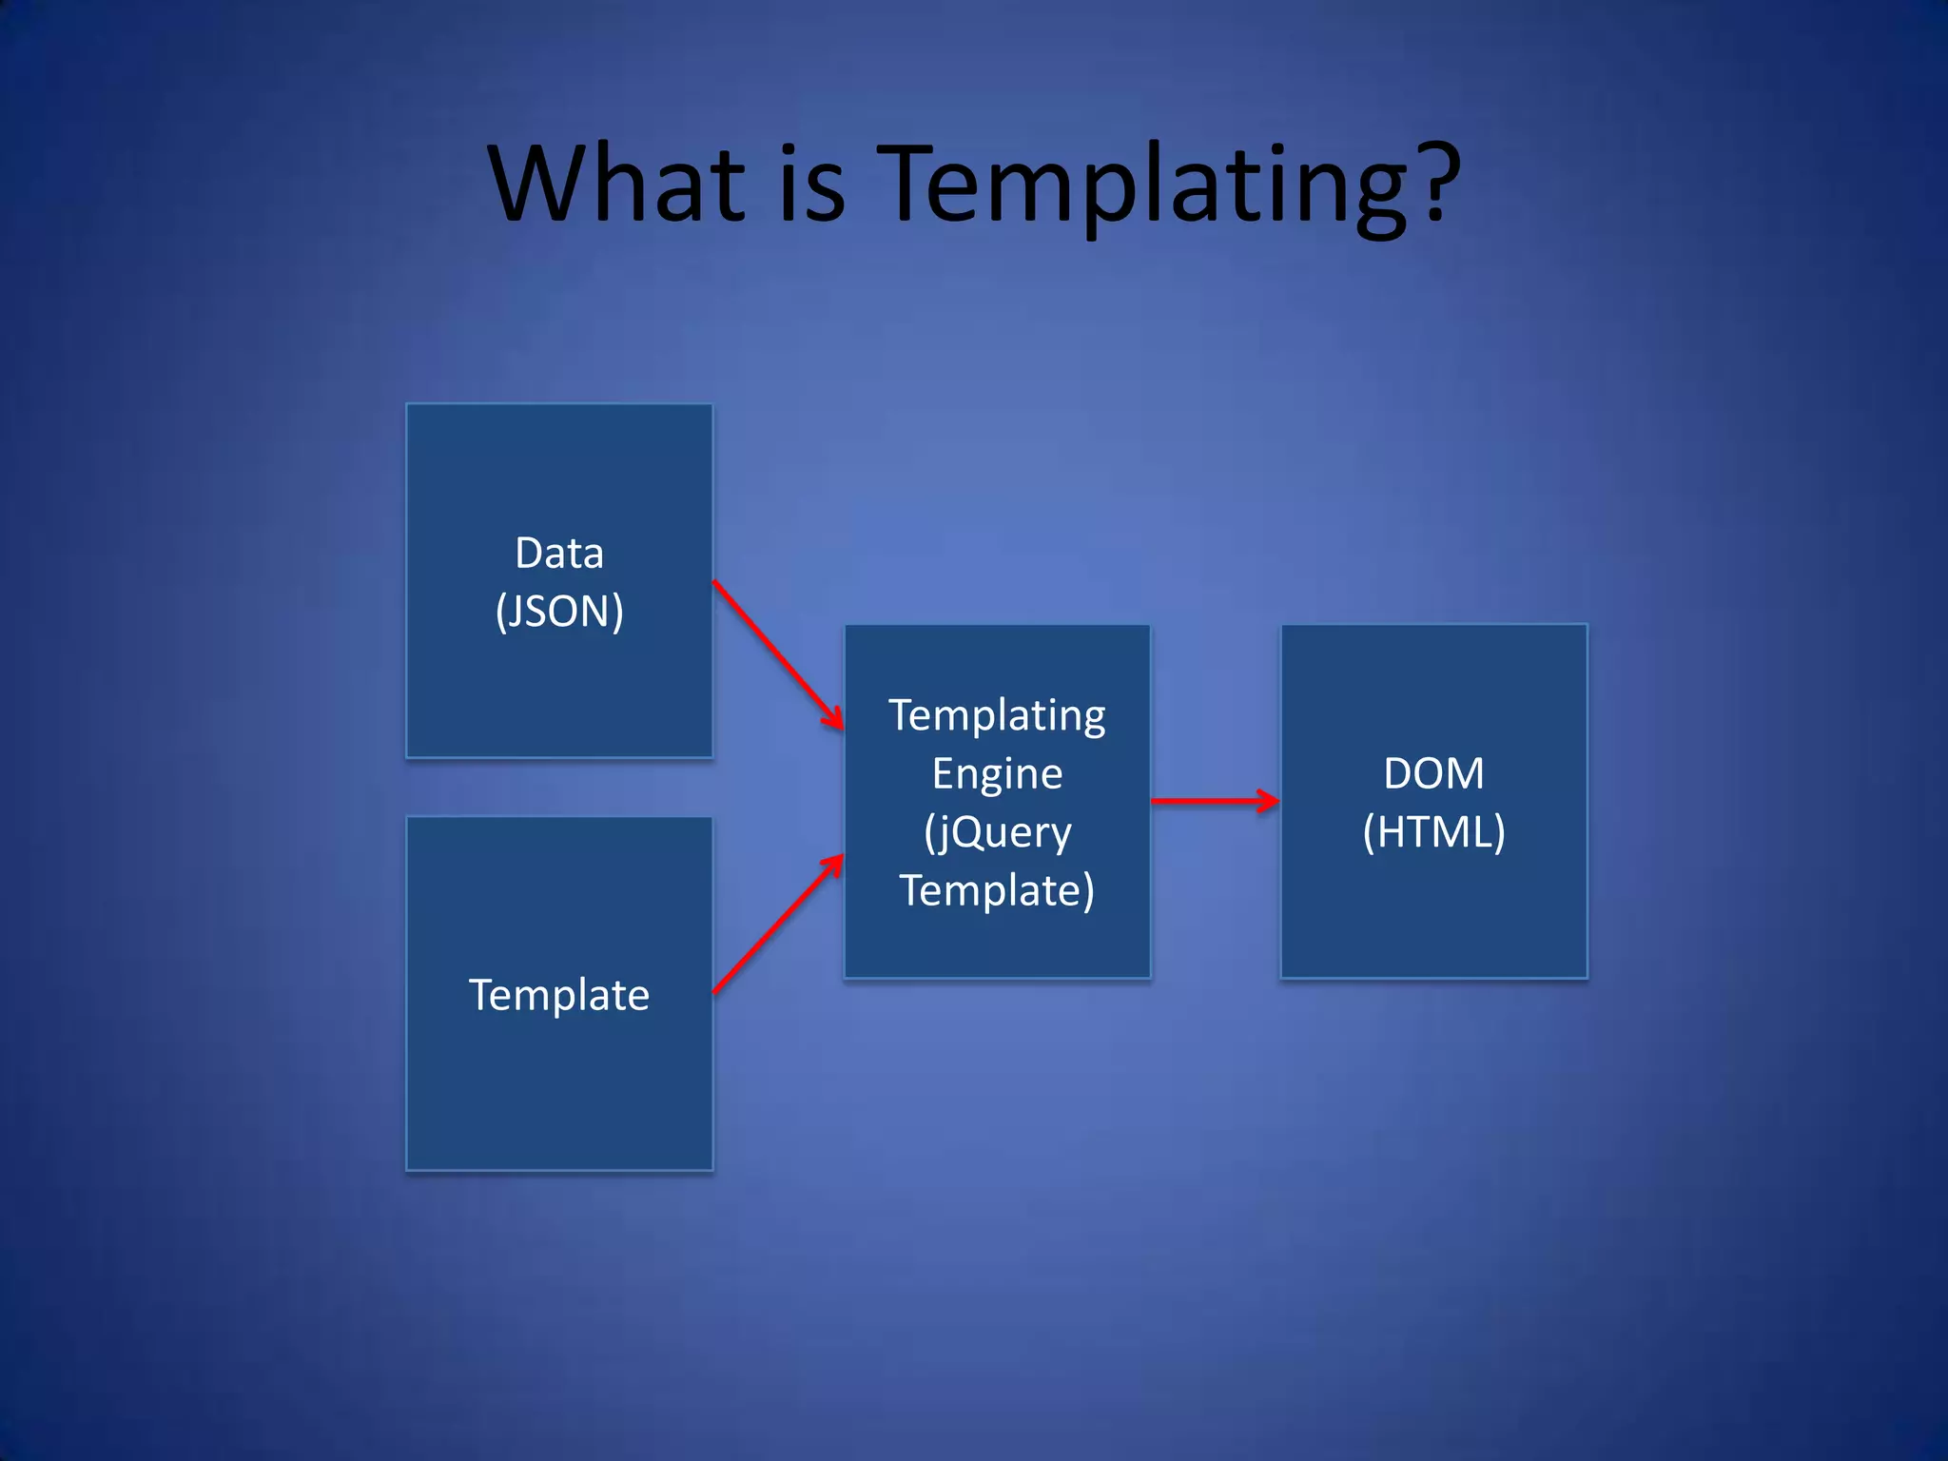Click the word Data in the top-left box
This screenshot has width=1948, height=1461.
pos(559,553)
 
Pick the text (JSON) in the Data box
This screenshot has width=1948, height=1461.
pos(559,611)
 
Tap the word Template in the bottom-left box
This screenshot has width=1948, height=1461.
pos(559,995)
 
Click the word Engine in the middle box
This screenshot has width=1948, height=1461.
pos(997,773)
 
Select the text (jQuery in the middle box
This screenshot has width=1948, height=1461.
pos(997,832)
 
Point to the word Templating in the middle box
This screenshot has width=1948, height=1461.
pos(997,715)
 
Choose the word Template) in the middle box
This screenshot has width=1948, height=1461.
pos(997,890)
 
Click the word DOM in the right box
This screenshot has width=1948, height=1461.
pos(1433,773)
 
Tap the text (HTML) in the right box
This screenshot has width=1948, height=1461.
pos(1433,831)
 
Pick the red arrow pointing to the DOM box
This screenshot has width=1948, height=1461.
pos(1213,801)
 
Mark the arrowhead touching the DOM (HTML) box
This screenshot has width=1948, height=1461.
pos(1269,801)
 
